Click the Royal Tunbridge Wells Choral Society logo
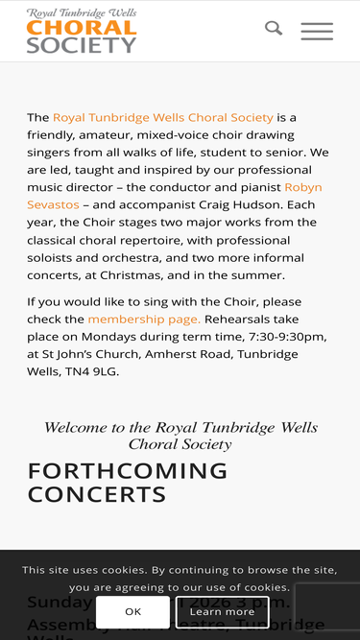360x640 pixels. (83, 31)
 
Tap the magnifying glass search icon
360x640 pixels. (274, 29)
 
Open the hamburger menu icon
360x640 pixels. (317, 31)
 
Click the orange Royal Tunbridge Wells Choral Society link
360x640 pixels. (163, 117)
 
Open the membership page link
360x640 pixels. (144, 319)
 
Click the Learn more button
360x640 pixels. (222, 611)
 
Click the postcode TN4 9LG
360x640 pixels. (94, 371)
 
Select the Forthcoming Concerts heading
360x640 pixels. (128, 483)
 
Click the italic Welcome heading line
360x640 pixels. (180, 428)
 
